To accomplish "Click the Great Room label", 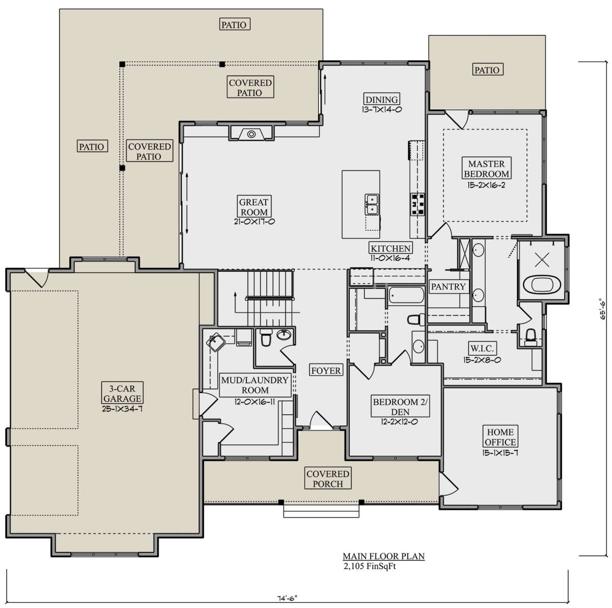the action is pyautogui.click(x=254, y=207).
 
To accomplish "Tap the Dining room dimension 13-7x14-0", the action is pyautogui.click(x=381, y=109).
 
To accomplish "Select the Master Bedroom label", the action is pyautogui.click(x=486, y=168).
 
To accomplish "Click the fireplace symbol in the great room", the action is pyautogui.click(x=251, y=134).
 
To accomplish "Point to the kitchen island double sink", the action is pyautogui.click(x=371, y=205).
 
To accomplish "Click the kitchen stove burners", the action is pyautogui.click(x=417, y=204).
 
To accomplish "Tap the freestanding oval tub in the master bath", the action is pyautogui.click(x=542, y=285).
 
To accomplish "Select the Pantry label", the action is pyautogui.click(x=448, y=286).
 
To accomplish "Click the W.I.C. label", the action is pyautogui.click(x=482, y=349).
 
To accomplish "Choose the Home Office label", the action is pyautogui.click(x=500, y=437).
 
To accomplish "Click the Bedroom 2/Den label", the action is pyautogui.click(x=400, y=407).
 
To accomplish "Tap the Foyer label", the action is pyautogui.click(x=326, y=371).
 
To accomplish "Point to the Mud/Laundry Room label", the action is pyautogui.click(x=254, y=385).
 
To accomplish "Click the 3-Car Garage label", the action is pyautogui.click(x=122, y=394).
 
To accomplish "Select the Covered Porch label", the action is pyautogui.click(x=328, y=479).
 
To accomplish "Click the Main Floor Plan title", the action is pyautogui.click(x=384, y=556).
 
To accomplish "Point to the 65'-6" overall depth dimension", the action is pyautogui.click(x=602, y=309).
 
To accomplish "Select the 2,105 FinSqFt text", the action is pyautogui.click(x=370, y=566).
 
